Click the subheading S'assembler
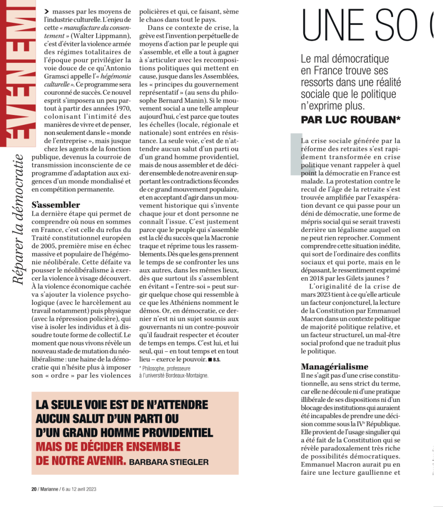point(56,204)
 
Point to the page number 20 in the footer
point(34,489)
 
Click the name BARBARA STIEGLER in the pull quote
point(168,462)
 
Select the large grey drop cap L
point(296,154)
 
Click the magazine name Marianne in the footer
point(48,489)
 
